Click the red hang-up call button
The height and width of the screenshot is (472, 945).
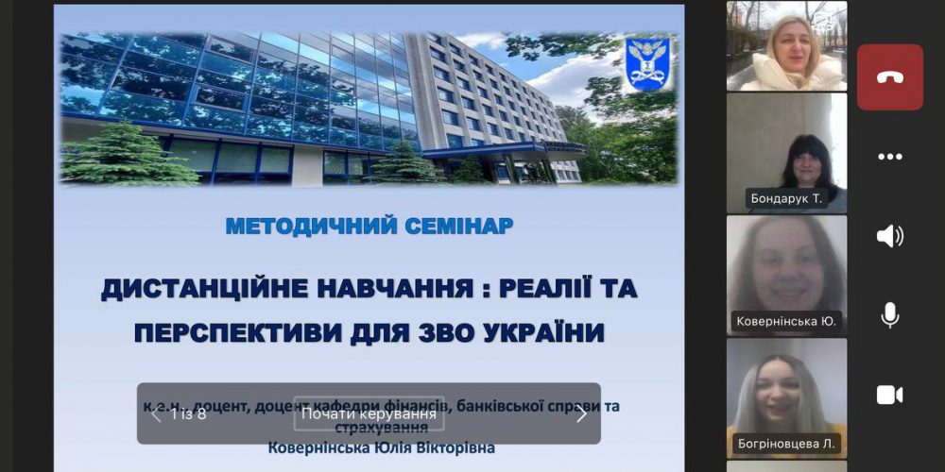tap(889, 77)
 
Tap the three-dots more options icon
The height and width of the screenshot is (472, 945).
tap(889, 157)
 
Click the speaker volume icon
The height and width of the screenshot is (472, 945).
tap(889, 236)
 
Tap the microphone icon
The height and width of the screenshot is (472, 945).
tap(889, 315)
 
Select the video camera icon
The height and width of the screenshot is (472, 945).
tap(889, 395)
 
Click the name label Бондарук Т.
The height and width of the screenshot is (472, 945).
tap(784, 198)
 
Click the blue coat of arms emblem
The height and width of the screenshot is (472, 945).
tap(647, 63)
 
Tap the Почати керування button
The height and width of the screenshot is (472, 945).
tap(369, 413)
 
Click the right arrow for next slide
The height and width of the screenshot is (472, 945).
tap(581, 413)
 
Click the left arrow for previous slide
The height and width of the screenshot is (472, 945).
tap(156, 413)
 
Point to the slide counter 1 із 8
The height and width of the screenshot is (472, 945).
tap(188, 413)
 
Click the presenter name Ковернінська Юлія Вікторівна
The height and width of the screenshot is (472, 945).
tap(381, 447)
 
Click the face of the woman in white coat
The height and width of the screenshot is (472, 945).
tap(787, 41)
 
